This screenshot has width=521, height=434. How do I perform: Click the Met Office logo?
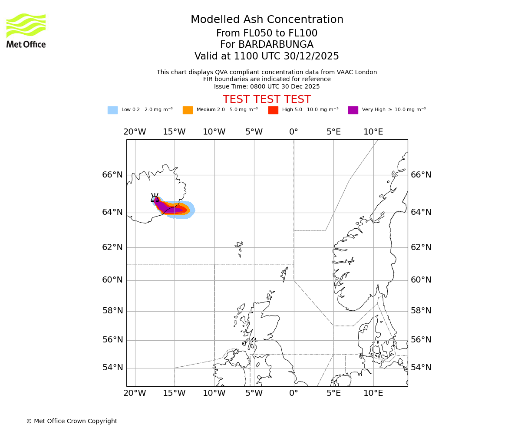pyautogui.click(x=26, y=30)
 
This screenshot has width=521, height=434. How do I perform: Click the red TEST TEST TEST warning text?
pyautogui.click(x=267, y=99)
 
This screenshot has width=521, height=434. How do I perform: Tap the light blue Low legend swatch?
pyautogui.click(x=112, y=110)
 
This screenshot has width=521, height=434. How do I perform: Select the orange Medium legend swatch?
pyautogui.click(x=188, y=110)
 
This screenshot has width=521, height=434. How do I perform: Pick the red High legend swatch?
pyautogui.click(x=273, y=110)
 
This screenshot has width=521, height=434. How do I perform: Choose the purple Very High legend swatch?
pyautogui.click(x=353, y=110)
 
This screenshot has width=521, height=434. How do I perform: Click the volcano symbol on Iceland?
pyautogui.click(x=155, y=198)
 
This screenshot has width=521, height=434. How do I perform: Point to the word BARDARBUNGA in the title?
pyautogui.click(x=267, y=45)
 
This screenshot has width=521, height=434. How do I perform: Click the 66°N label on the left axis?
pyautogui.click(x=112, y=175)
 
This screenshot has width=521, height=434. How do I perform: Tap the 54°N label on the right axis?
pyautogui.click(x=421, y=368)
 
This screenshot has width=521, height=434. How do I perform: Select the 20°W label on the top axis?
pyautogui.click(x=135, y=132)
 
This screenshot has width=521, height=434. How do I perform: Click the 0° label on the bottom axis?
pyautogui.click(x=294, y=393)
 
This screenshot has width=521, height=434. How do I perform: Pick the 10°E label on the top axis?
pyautogui.click(x=373, y=132)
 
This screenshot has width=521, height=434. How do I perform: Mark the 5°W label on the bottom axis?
pyautogui.click(x=254, y=393)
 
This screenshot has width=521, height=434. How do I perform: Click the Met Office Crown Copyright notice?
pyautogui.click(x=72, y=421)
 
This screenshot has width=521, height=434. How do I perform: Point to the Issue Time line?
pyautogui.click(x=267, y=86)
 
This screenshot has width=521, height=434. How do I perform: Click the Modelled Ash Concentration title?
pyautogui.click(x=267, y=20)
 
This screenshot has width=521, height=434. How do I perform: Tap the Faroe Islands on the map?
pyautogui.click(x=239, y=248)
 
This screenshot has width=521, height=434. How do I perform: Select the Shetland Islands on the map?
pyautogui.click(x=285, y=274)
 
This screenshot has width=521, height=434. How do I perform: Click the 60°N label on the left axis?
pyautogui.click(x=112, y=280)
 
